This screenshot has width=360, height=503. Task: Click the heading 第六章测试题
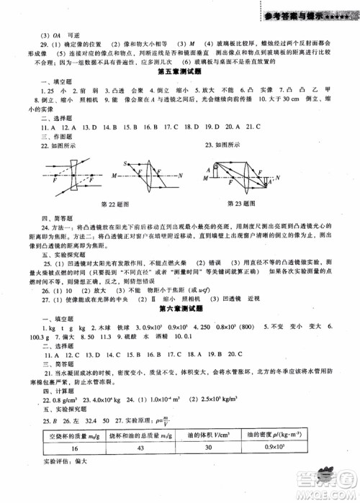[180, 322]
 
